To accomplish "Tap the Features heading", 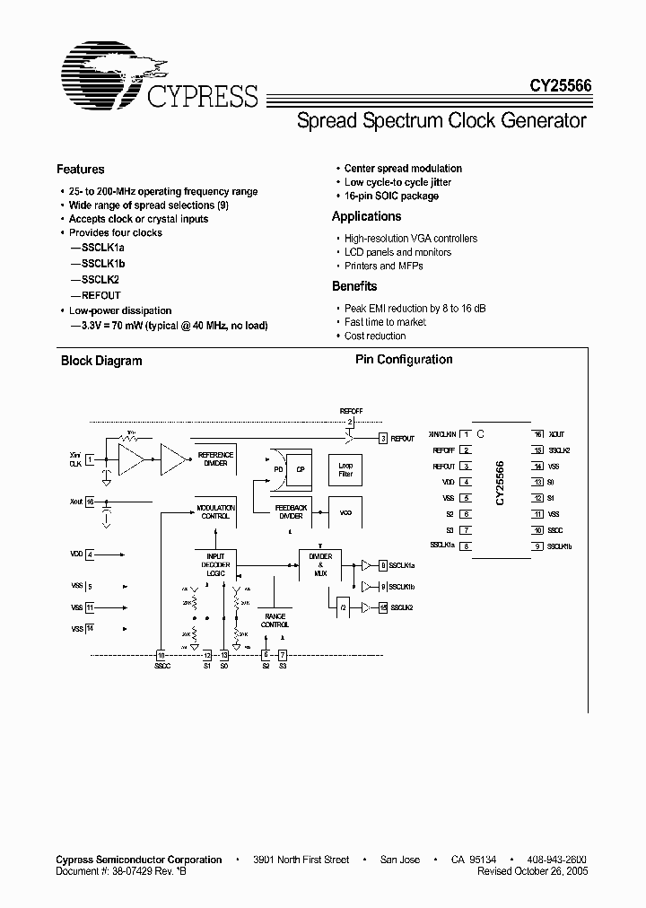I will (x=81, y=169).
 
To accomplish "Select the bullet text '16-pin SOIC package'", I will (x=391, y=196).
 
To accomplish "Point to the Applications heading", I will (x=366, y=216).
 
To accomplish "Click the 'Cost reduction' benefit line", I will (x=375, y=336).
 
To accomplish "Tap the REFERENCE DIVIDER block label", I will (x=215, y=458).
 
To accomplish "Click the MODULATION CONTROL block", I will (x=215, y=511).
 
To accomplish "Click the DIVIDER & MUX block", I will (x=320, y=562).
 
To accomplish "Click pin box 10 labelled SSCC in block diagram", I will (x=161, y=655).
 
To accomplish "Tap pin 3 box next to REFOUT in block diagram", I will (x=383, y=438).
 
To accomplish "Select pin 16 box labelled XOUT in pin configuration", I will (x=538, y=433).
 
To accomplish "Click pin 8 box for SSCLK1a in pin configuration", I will (x=467, y=546).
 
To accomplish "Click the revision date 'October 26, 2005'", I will (x=547, y=870).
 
